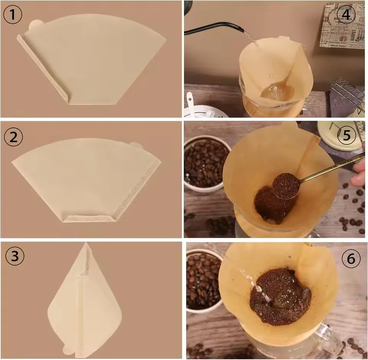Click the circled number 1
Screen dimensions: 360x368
click(13, 15)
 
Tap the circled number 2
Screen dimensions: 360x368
click(14, 137)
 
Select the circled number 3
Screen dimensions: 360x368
click(15, 256)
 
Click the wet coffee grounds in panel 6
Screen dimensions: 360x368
click(280, 296)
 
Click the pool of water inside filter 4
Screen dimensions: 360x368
click(277, 91)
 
